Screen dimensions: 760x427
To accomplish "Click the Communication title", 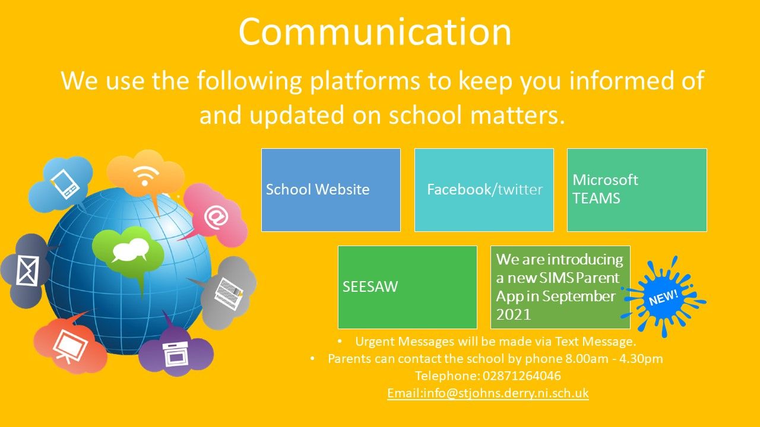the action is [375, 32].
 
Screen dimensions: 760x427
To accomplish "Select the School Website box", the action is [331, 190].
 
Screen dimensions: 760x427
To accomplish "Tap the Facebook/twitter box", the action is [484, 190].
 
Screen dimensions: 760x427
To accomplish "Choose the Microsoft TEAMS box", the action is [637, 190].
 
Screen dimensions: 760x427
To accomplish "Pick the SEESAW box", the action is [407, 287].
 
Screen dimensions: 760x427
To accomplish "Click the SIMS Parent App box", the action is [560, 287].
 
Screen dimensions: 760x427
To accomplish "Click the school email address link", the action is [488, 393].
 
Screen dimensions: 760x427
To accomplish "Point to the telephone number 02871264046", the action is [521, 376].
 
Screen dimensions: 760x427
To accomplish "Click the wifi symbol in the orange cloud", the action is [146, 175].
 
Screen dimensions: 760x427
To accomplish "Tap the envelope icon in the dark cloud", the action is [27, 271].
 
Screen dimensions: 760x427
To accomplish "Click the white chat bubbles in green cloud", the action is [130, 250].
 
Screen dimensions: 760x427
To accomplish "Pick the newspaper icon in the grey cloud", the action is [229, 294].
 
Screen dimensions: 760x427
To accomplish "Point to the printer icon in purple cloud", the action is [175, 354].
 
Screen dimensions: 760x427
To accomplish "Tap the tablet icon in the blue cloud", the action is [65, 184].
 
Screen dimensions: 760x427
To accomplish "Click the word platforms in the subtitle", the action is [365, 81].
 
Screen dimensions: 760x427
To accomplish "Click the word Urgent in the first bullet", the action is [375, 342].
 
